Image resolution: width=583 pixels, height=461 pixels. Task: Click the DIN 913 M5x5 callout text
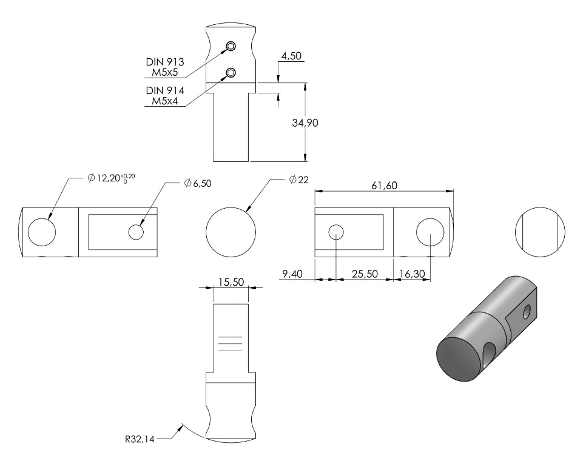point(165,67)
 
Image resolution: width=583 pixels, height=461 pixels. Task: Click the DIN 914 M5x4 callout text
point(165,96)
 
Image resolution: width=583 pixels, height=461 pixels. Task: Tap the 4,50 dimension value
point(291,56)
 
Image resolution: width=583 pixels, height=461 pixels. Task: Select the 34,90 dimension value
point(305,123)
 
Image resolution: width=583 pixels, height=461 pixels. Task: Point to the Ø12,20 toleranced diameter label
point(111,178)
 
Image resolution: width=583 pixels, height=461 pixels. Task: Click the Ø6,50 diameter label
point(198,183)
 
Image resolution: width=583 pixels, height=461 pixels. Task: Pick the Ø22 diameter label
point(299,180)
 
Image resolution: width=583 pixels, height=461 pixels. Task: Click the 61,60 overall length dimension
point(384,185)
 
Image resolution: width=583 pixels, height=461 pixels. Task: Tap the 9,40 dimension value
point(292,274)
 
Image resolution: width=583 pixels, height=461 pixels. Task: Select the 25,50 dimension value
point(365,274)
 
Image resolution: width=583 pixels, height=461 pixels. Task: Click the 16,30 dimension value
point(412,274)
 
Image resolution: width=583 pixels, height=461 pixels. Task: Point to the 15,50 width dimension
point(231,282)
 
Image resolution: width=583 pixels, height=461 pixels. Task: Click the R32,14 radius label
point(140,439)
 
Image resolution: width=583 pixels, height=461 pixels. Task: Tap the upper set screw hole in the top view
point(231,46)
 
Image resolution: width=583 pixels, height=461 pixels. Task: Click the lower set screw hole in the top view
point(231,73)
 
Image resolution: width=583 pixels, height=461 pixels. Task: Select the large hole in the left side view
point(42,232)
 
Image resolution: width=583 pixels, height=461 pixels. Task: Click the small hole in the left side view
point(136,232)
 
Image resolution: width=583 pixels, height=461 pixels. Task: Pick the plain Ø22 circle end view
point(231,232)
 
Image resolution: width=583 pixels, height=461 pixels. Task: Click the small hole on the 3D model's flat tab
point(527,312)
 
